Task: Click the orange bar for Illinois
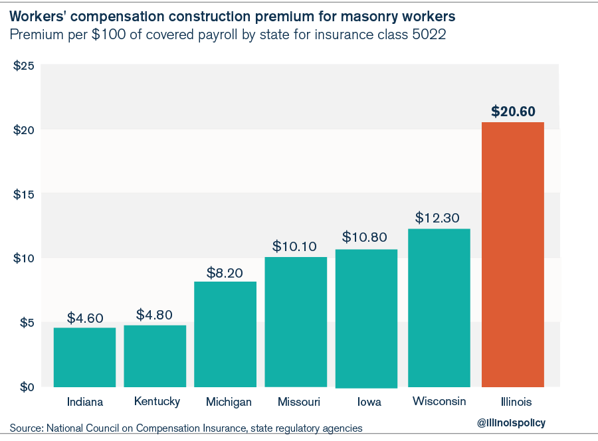pyautogui.click(x=512, y=254)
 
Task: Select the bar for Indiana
pyautogui.click(x=84, y=357)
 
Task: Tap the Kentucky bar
pyautogui.click(x=155, y=356)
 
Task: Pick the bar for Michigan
pyautogui.click(x=225, y=334)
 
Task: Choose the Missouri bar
pyautogui.click(x=296, y=322)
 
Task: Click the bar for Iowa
pyautogui.click(x=366, y=318)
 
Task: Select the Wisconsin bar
pyautogui.click(x=439, y=308)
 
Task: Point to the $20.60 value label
pyautogui.click(x=513, y=111)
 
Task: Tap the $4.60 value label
pyautogui.click(x=85, y=317)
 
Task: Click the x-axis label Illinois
pyautogui.click(x=513, y=402)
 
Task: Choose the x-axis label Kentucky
pyautogui.click(x=157, y=402)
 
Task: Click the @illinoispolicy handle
pyautogui.click(x=511, y=422)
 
